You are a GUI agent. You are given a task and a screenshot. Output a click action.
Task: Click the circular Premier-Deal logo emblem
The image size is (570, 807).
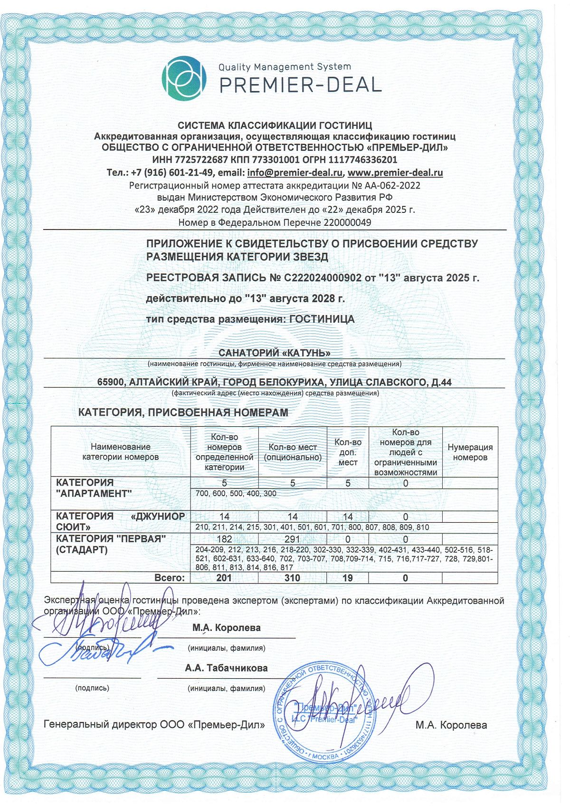click(184, 78)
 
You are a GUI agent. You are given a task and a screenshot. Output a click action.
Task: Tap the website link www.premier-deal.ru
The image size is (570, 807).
click(395, 173)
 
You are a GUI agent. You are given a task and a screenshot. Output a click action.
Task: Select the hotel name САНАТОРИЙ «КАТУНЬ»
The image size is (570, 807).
click(274, 353)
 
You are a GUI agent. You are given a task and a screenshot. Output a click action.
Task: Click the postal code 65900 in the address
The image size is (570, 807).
click(111, 382)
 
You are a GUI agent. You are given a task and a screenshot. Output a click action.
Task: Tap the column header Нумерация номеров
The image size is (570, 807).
click(470, 452)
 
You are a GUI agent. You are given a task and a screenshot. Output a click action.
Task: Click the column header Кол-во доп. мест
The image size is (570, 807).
click(348, 452)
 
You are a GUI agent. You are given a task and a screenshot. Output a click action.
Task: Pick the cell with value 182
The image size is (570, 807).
click(224, 539)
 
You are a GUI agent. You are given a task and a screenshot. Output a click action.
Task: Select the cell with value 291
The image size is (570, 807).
click(292, 539)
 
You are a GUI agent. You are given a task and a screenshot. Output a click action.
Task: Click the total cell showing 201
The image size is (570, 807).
click(224, 578)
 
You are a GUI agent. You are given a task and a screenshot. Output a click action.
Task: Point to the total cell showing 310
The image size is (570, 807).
click(292, 578)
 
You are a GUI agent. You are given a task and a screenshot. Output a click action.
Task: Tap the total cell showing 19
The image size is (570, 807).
click(348, 578)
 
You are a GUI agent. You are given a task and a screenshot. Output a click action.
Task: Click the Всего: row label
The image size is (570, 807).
click(170, 578)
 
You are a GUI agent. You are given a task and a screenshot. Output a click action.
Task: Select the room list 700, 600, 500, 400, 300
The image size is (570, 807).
click(236, 494)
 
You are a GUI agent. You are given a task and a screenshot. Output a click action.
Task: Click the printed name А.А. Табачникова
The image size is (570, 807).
click(227, 668)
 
